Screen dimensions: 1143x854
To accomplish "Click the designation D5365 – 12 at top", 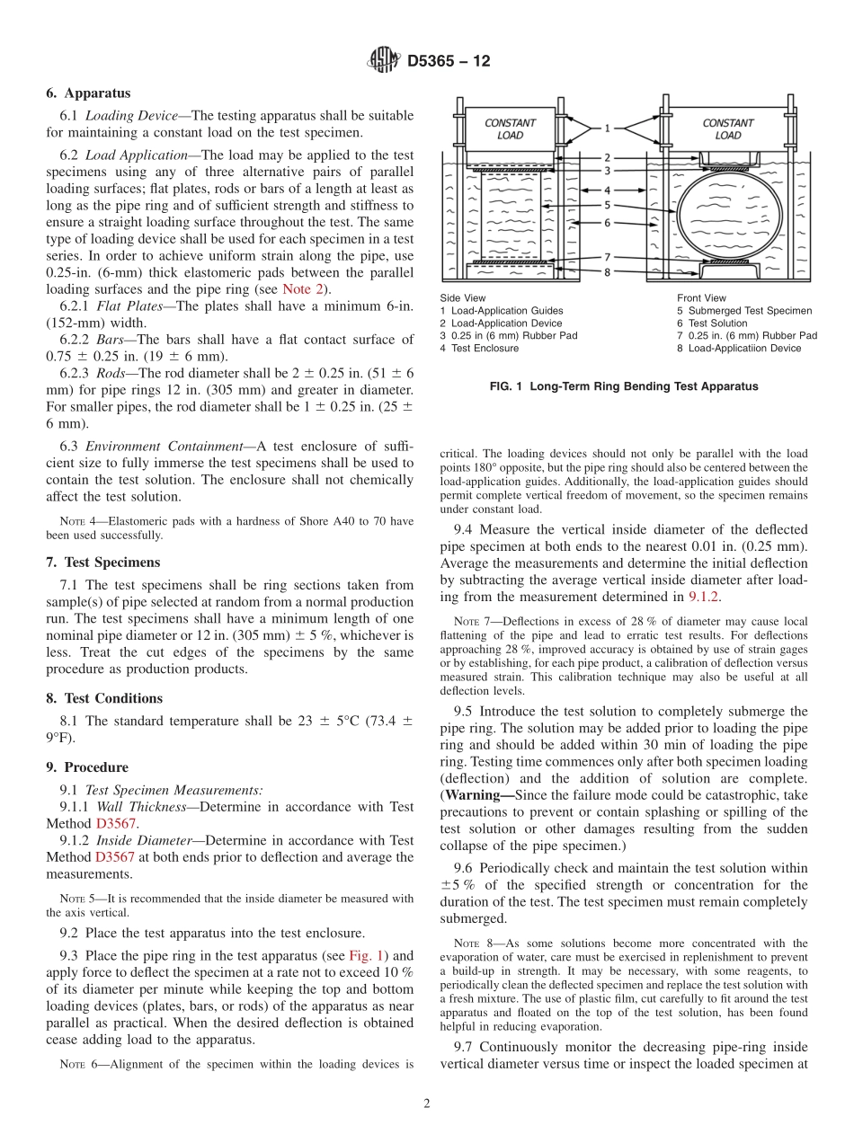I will point(449,62).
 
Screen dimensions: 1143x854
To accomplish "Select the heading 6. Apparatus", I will point(88,93).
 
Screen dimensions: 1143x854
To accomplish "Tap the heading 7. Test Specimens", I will point(103,563).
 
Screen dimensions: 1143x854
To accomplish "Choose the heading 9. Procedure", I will point(87,767).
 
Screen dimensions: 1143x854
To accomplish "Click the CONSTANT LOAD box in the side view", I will point(510,129).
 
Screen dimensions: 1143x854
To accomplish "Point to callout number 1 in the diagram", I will point(606,128).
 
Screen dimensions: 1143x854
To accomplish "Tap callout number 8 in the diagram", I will point(606,271).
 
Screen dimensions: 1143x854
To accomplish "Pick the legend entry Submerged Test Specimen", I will point(744,311).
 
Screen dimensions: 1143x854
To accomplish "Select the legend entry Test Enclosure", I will point(478,348).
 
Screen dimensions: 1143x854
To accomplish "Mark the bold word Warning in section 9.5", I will point(476,796).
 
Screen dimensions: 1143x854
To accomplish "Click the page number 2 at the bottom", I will point(427,1103).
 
